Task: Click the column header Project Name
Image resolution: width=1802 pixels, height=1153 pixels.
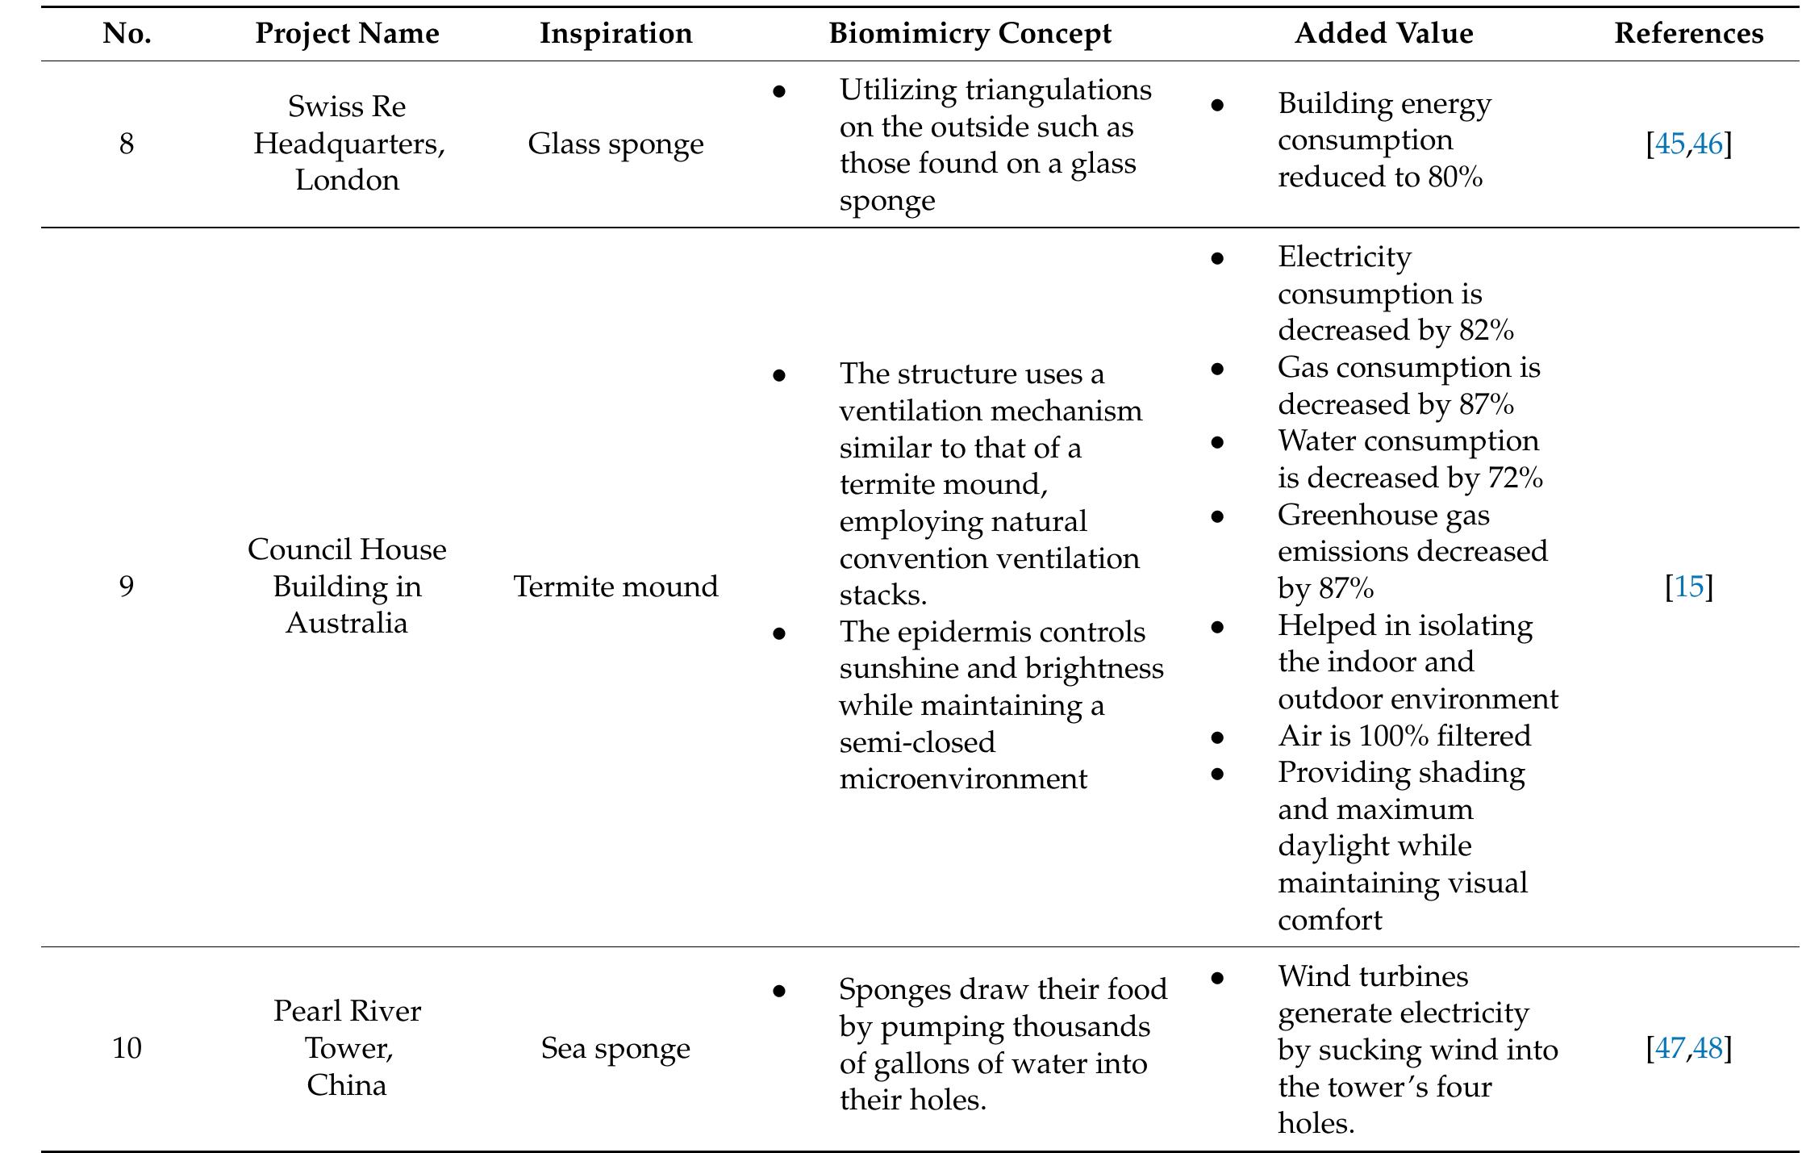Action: click(x=347, y=34)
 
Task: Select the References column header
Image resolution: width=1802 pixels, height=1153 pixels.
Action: click(x=1688, y=34)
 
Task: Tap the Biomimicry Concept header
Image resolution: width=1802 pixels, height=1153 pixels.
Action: click(x=970, y=34)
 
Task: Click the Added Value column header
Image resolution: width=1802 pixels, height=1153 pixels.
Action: click(x=1383, y=34)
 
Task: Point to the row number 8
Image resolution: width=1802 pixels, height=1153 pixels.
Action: click(x=127, y=144)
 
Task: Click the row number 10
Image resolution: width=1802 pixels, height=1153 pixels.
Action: click(x=127, y=1048)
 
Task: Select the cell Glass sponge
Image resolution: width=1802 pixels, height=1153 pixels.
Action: click(x=615, y=144)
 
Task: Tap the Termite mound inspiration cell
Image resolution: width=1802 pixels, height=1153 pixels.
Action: click(x=615, y=587)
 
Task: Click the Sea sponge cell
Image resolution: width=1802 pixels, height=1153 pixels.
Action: click(x=615, y=1048)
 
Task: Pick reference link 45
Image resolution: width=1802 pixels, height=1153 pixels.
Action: click(x=1670, y=144)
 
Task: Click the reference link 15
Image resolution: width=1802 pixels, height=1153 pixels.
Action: click(x=1689, y=587)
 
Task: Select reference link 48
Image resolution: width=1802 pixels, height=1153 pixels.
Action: click(x=1708, y=1048)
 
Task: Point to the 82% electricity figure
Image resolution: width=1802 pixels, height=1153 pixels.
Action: click(x=1486, y=331)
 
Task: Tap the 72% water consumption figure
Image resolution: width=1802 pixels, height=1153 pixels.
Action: click(x=1515, y=478)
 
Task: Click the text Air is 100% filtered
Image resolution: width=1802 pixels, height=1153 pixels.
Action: click(x=1404, y=736)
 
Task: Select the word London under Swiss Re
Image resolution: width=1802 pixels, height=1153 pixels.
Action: click(x=347, y=180)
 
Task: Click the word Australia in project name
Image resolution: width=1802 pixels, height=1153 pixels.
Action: click(x=347, y=623)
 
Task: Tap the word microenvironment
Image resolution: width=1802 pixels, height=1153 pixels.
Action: click(x=962, y=779)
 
